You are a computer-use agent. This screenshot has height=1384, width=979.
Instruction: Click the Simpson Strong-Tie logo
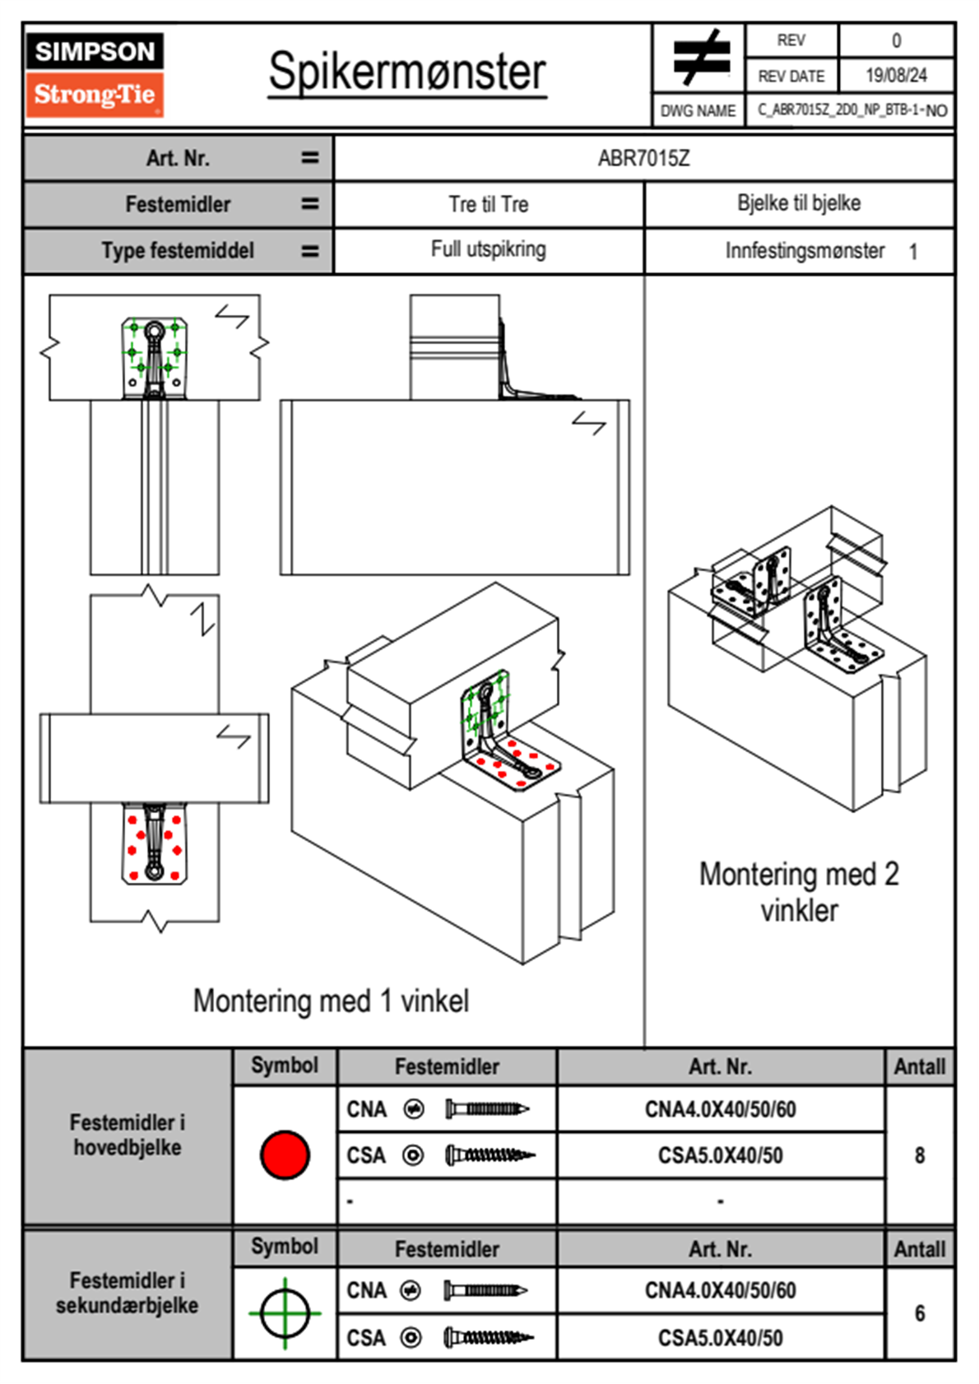95,74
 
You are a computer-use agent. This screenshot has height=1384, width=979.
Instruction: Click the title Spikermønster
407,72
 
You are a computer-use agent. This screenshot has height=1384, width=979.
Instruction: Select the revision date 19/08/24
896,76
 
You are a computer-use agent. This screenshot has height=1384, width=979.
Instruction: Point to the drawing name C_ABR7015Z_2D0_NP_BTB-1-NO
851,110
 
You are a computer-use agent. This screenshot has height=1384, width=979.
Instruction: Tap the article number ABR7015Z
643,158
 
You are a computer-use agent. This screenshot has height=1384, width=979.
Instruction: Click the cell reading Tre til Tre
489,204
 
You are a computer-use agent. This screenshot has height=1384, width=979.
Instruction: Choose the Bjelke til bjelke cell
799,203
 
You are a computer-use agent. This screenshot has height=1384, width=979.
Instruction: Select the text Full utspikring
489,249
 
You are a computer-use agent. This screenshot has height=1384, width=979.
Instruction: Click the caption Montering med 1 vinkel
331,1001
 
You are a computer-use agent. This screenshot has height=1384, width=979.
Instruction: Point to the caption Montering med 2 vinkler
799,892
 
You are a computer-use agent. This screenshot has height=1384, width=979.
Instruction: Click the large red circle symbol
285,1154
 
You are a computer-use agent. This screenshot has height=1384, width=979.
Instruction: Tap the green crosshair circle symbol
285,1313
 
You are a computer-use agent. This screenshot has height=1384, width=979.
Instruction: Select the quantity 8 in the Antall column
920,1155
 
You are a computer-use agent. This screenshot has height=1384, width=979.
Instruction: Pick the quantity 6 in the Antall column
920,1313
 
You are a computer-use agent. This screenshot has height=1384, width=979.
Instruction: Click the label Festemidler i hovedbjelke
128,1135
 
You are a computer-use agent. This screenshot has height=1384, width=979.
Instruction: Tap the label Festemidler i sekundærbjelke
128,1293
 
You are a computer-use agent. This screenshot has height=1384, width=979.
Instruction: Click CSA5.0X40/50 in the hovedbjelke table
720,1156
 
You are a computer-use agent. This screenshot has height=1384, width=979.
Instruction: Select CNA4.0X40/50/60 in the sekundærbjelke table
720,1290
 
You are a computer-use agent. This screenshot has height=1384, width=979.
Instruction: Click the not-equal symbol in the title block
700,58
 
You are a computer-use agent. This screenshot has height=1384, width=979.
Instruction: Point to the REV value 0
896,40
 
